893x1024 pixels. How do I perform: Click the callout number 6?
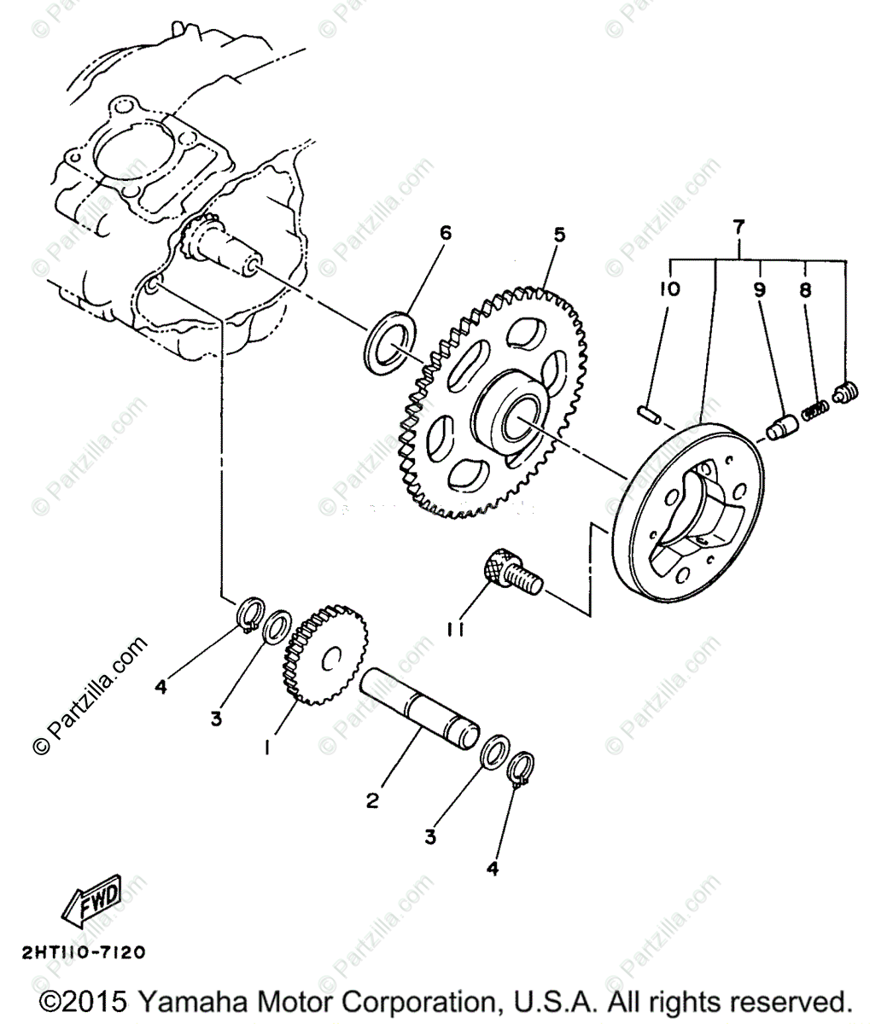[x=445, y=233]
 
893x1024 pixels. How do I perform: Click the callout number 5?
[x=559, y=235]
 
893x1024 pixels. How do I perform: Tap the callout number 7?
[x=739, y=227]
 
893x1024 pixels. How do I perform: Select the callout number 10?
[x=669, y=289]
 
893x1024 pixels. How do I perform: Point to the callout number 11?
[x=455, y=630]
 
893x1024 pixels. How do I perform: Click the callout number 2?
[x=372, y=800]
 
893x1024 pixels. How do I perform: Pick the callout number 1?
[x=267, y=748]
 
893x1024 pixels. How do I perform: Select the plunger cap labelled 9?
[x=780, y=425]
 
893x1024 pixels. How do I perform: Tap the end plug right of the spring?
[x=845, y=393]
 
